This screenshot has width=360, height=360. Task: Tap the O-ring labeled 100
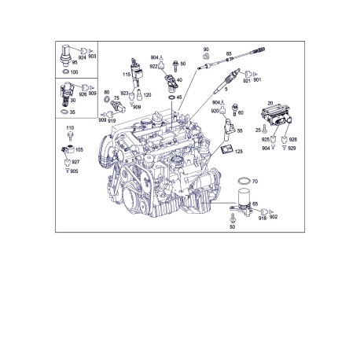(65, 72)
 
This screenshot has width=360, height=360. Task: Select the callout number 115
(125, 74)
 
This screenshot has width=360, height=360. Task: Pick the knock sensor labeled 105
(69, 147)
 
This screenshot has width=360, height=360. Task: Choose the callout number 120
(147, 95)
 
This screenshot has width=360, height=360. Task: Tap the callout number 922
(154, 67)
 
